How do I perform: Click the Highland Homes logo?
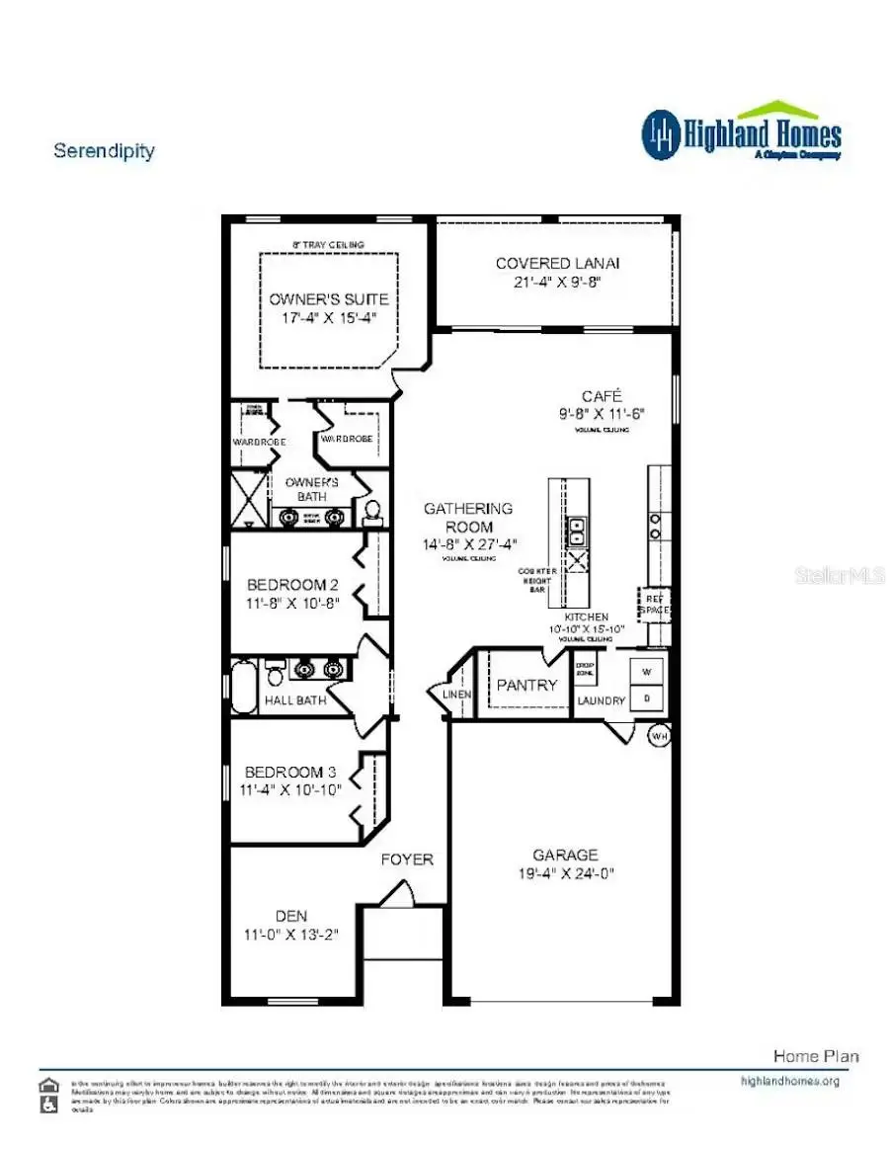741,133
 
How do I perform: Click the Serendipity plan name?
104,151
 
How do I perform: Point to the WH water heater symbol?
659,736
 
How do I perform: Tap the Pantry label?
526,685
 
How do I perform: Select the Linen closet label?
457,695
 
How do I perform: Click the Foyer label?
407,860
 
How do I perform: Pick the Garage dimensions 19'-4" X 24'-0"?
565,873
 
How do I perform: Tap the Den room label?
290,916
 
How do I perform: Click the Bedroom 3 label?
283,772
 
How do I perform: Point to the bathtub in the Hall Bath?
243,687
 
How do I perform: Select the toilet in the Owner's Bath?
372,511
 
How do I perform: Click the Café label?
602,395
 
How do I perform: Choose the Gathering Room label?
468,517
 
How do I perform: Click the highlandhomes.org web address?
789,1081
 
